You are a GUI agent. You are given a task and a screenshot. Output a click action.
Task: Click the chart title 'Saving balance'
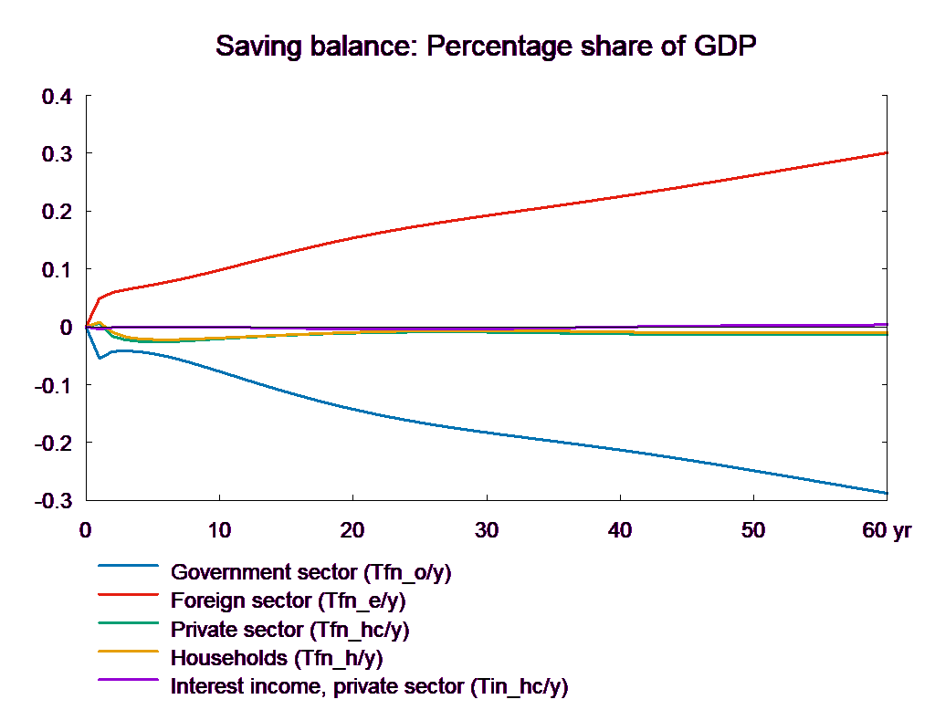point(488,47)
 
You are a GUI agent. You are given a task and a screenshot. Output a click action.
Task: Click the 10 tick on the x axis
point(219,530)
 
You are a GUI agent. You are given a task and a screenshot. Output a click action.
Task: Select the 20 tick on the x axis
point(352,530)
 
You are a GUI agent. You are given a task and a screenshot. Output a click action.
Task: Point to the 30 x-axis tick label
point(486,530)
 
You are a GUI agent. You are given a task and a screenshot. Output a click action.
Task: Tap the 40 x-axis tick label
point(619,530)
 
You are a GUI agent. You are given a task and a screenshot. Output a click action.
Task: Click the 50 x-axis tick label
point(752,530)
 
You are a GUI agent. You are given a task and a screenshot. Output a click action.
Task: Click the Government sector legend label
point(310,573)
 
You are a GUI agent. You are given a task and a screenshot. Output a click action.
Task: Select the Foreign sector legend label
point(288,601)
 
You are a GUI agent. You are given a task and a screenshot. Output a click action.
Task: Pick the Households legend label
point(276,658)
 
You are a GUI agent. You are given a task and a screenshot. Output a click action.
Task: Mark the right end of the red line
point(888,152)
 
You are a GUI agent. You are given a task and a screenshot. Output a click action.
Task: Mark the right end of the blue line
point(888,493)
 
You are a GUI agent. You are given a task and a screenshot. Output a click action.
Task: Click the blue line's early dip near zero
point(100,358)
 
